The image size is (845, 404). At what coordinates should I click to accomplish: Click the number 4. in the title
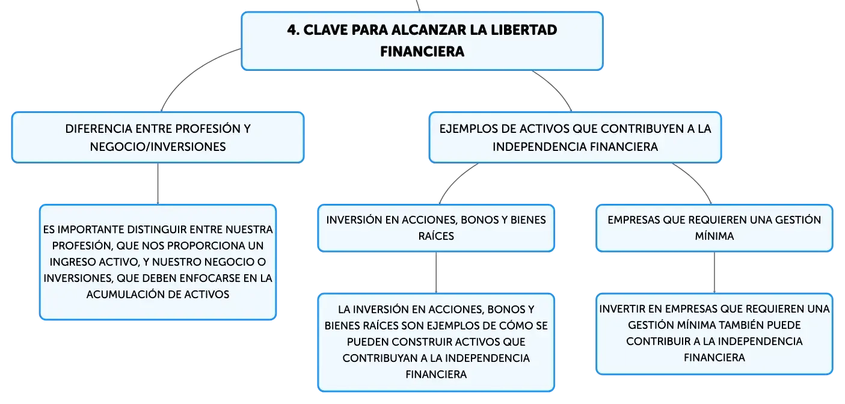[x=293, y=30]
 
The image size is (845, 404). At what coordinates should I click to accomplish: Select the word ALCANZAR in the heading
[x=428, y=30]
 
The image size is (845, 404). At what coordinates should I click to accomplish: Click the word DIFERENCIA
[x=99, y=129]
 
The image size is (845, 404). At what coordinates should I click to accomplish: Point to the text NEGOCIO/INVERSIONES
[x=158, y=147]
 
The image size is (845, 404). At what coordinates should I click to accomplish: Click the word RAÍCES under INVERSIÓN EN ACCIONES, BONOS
[x=436, y=236]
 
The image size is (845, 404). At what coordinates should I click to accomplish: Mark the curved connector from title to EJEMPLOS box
[x=555, y=88]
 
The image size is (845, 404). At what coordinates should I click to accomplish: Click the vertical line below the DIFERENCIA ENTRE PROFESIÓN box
[x=158, y=184]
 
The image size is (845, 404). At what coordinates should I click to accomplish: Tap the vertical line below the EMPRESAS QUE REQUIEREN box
[x=714, y=272]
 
